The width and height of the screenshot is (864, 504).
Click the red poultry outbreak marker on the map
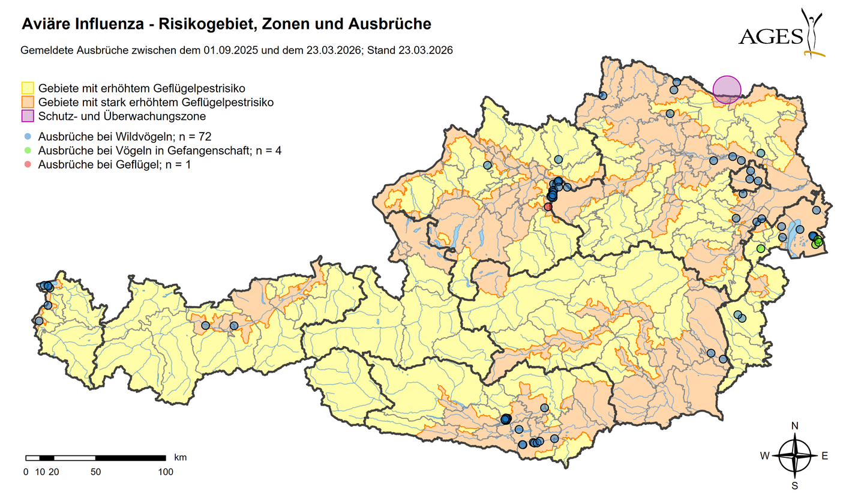[x=548, y=206]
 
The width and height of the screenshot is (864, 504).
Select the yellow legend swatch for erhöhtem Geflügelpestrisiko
[x=28, y=88]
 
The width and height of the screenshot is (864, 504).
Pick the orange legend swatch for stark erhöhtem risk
[x=28, y=102]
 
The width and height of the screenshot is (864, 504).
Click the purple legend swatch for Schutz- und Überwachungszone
[x=28, y=116]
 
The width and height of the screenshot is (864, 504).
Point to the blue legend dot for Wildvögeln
[x=28, y=136]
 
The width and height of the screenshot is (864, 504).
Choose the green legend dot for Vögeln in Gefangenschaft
[x=28, y=150]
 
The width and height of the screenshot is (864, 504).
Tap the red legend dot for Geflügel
[x=28, y=164]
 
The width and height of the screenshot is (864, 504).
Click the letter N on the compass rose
[x=795, y=426]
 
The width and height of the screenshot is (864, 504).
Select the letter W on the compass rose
[x=765, y=456]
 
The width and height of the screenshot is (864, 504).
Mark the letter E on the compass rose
[x=824, y=456]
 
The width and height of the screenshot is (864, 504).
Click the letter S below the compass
[x=795, y=485]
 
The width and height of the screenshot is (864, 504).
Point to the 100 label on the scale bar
[x=166, y=472]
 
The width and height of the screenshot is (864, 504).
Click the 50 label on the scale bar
[x=95, y=472]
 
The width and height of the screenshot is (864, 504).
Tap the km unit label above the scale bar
[x=180, y=457]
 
